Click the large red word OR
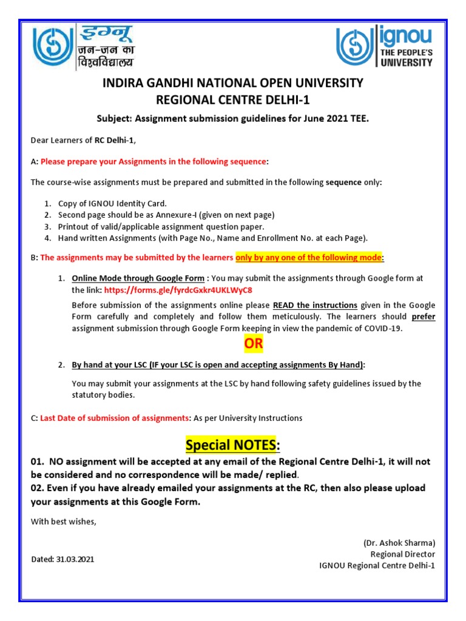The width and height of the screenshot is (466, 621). [254, 344]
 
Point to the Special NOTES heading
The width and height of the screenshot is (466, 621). [232, 446]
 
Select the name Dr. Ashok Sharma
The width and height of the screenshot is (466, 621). [399, 543]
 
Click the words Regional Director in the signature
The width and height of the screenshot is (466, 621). [403, 554]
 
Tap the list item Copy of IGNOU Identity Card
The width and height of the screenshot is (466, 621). [112, 204]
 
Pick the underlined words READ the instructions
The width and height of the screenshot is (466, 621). [315, 305]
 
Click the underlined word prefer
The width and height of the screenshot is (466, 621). [424, 317]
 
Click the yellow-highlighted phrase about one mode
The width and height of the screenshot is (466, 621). [309, 258]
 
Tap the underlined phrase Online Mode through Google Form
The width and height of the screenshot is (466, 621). [138, 278]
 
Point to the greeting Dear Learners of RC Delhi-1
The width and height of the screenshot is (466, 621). [84, 141]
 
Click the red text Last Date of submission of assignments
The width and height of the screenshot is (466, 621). [115, 418]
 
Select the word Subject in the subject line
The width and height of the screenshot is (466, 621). [113, 119]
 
